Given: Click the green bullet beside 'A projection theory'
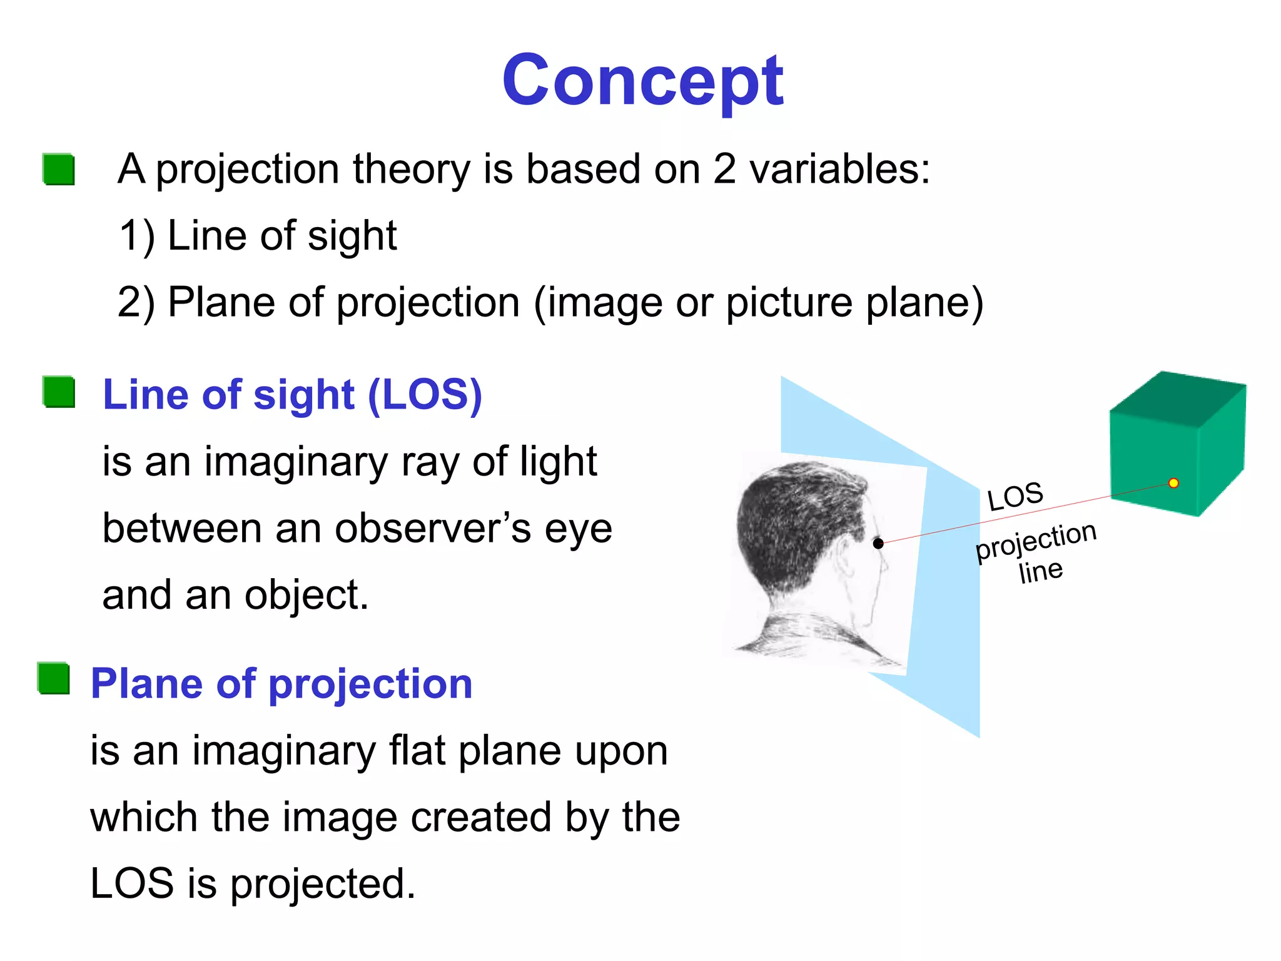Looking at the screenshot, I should [x=59, y=170].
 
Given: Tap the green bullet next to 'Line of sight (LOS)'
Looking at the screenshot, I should [x=59, y=392].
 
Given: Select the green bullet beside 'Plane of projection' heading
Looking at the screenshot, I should [x=54, y=679].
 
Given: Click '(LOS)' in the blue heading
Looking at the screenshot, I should [x=425, y=395].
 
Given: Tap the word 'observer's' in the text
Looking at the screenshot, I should [x=434, y=529].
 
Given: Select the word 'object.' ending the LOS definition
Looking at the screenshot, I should [x=306, y=596].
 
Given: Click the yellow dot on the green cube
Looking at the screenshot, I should [x=1173, y=483].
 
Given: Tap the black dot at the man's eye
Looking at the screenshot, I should [x=878, y=543].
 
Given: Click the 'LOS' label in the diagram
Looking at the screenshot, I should [x=1015, y=497].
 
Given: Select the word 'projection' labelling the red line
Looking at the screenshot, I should [x=1036, y=539].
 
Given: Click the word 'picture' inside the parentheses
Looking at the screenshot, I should [x=789, y=303].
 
